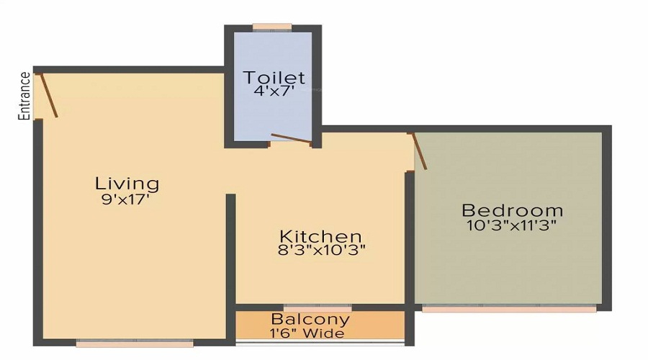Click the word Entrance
coord(24,95)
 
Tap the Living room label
coord(127,183)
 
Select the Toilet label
coord(274,77)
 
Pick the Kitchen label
coord(320,236)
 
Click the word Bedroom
coord(512,210)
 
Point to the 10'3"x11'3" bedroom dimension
coord(512,225)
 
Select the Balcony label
coord(310,319)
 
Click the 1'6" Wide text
coord(307,333)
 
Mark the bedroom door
coord(418,151)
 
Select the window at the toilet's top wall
coord(272,27)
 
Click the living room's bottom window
coord(135,344)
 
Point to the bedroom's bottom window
coord(508,310)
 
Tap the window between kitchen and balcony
coord(318,307)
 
